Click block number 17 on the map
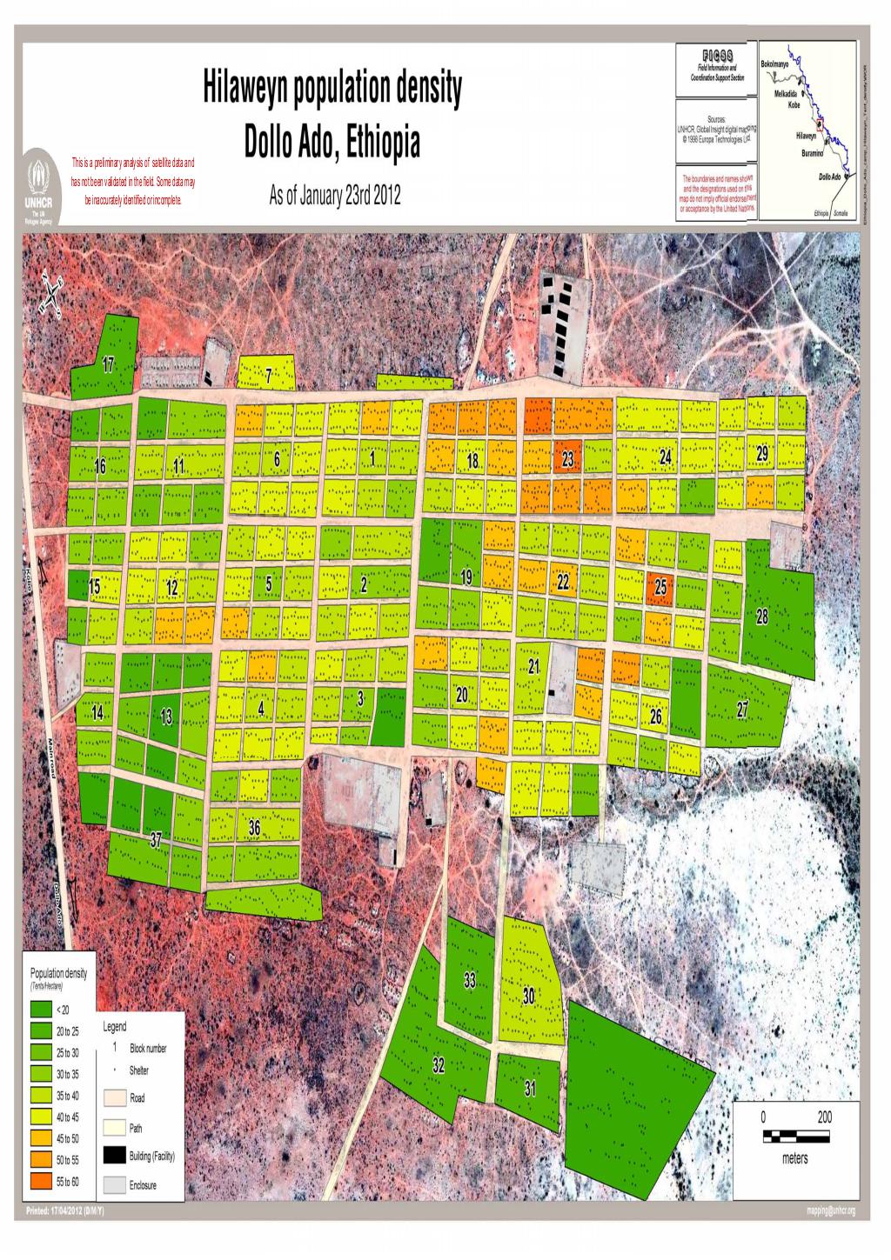[x=109, y=364]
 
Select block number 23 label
[x=567, y=460]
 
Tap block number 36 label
[x=254, y=830]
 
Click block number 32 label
[x=439, y=1066]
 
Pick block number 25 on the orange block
[x=661, y=588]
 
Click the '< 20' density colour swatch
[x=41, y=1010]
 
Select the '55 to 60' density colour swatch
[x=41, y=1180]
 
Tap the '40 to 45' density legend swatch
[x=41, y=1117]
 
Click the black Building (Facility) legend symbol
[x=115, y=1156]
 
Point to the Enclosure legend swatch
[x=115, y=1185]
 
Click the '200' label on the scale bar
[x=823, y=1117]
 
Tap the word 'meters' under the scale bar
[x=794, y=1159]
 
